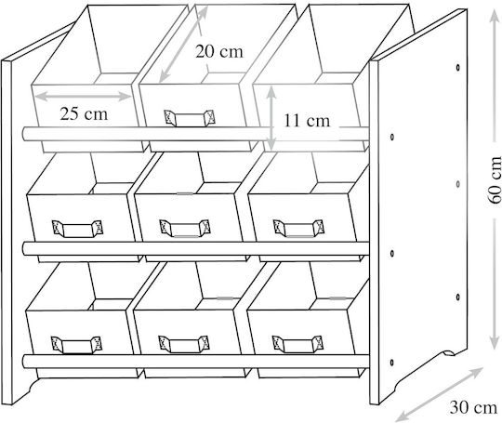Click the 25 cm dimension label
tap(84, 114)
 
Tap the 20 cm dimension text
tap(219, 51)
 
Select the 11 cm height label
tap(307, 121)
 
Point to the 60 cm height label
tap(495, 180)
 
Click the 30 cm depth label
tap(473, 407)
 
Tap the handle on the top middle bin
tap(190, 118)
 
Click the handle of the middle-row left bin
tap(77, 229)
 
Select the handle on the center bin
tap(185, 228)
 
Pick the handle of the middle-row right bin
tap(298, 228)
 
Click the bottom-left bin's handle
tap(76, 345)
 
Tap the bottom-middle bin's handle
tap(184, 344)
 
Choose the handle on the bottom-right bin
tap(297, 344)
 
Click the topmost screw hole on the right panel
tap(458, 68)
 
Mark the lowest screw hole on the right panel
tap(392, 363)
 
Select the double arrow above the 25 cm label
tap(83, 96)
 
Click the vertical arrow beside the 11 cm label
tap(271, 117)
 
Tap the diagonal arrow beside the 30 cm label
tap(439, 394)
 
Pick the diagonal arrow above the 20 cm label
tap(183, 45)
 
